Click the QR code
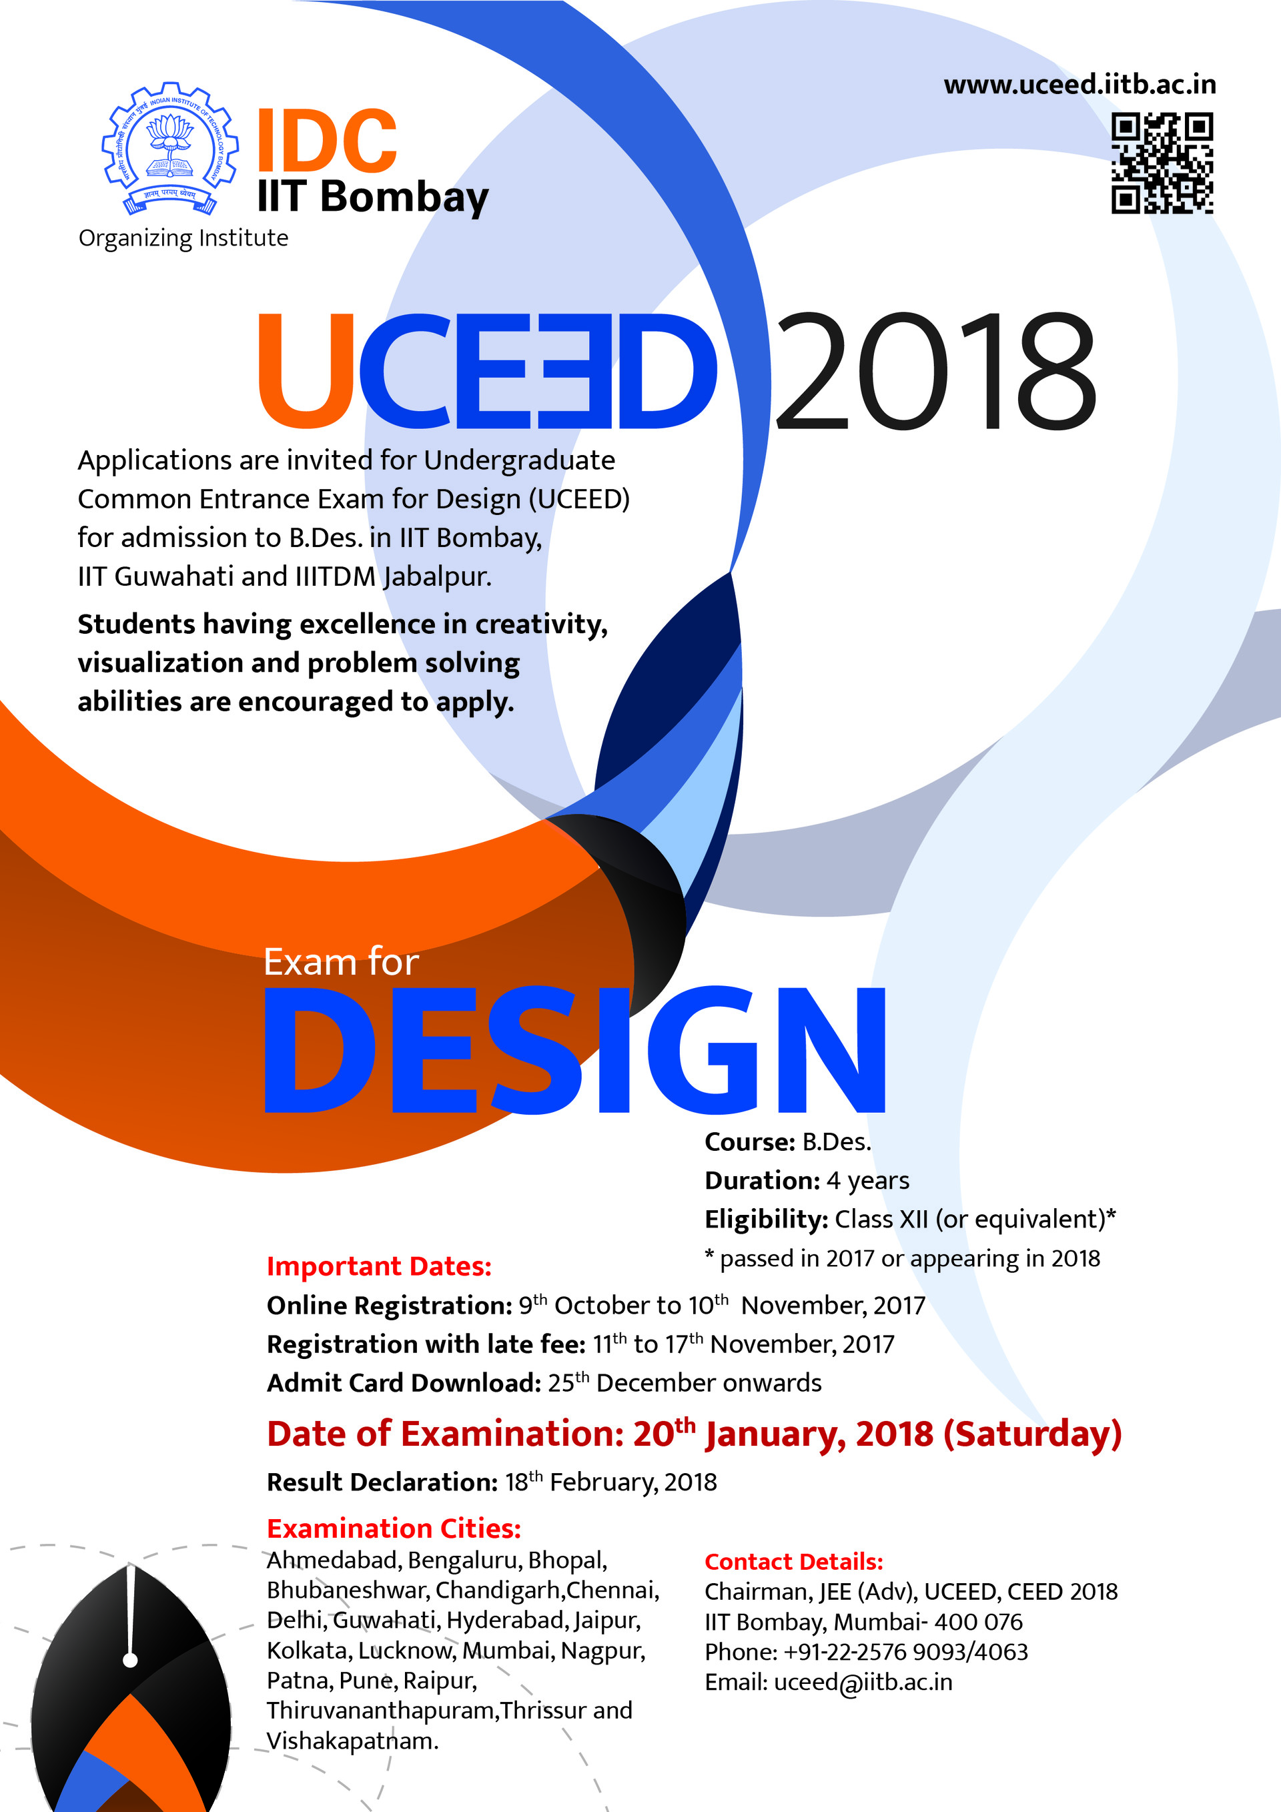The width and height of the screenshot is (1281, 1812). pos(1161,163)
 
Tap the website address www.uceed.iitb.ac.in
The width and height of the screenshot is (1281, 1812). pos(1079,85)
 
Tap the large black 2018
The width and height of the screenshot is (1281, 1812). pos(935,371)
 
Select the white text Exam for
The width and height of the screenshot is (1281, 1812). pos(340,963)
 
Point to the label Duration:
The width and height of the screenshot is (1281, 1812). pos(762,1181)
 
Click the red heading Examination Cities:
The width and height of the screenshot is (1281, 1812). pos(394,1528)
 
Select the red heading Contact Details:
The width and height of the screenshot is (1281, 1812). pos(793,1562)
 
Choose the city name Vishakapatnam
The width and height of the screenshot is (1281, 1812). pos(351,1741)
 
